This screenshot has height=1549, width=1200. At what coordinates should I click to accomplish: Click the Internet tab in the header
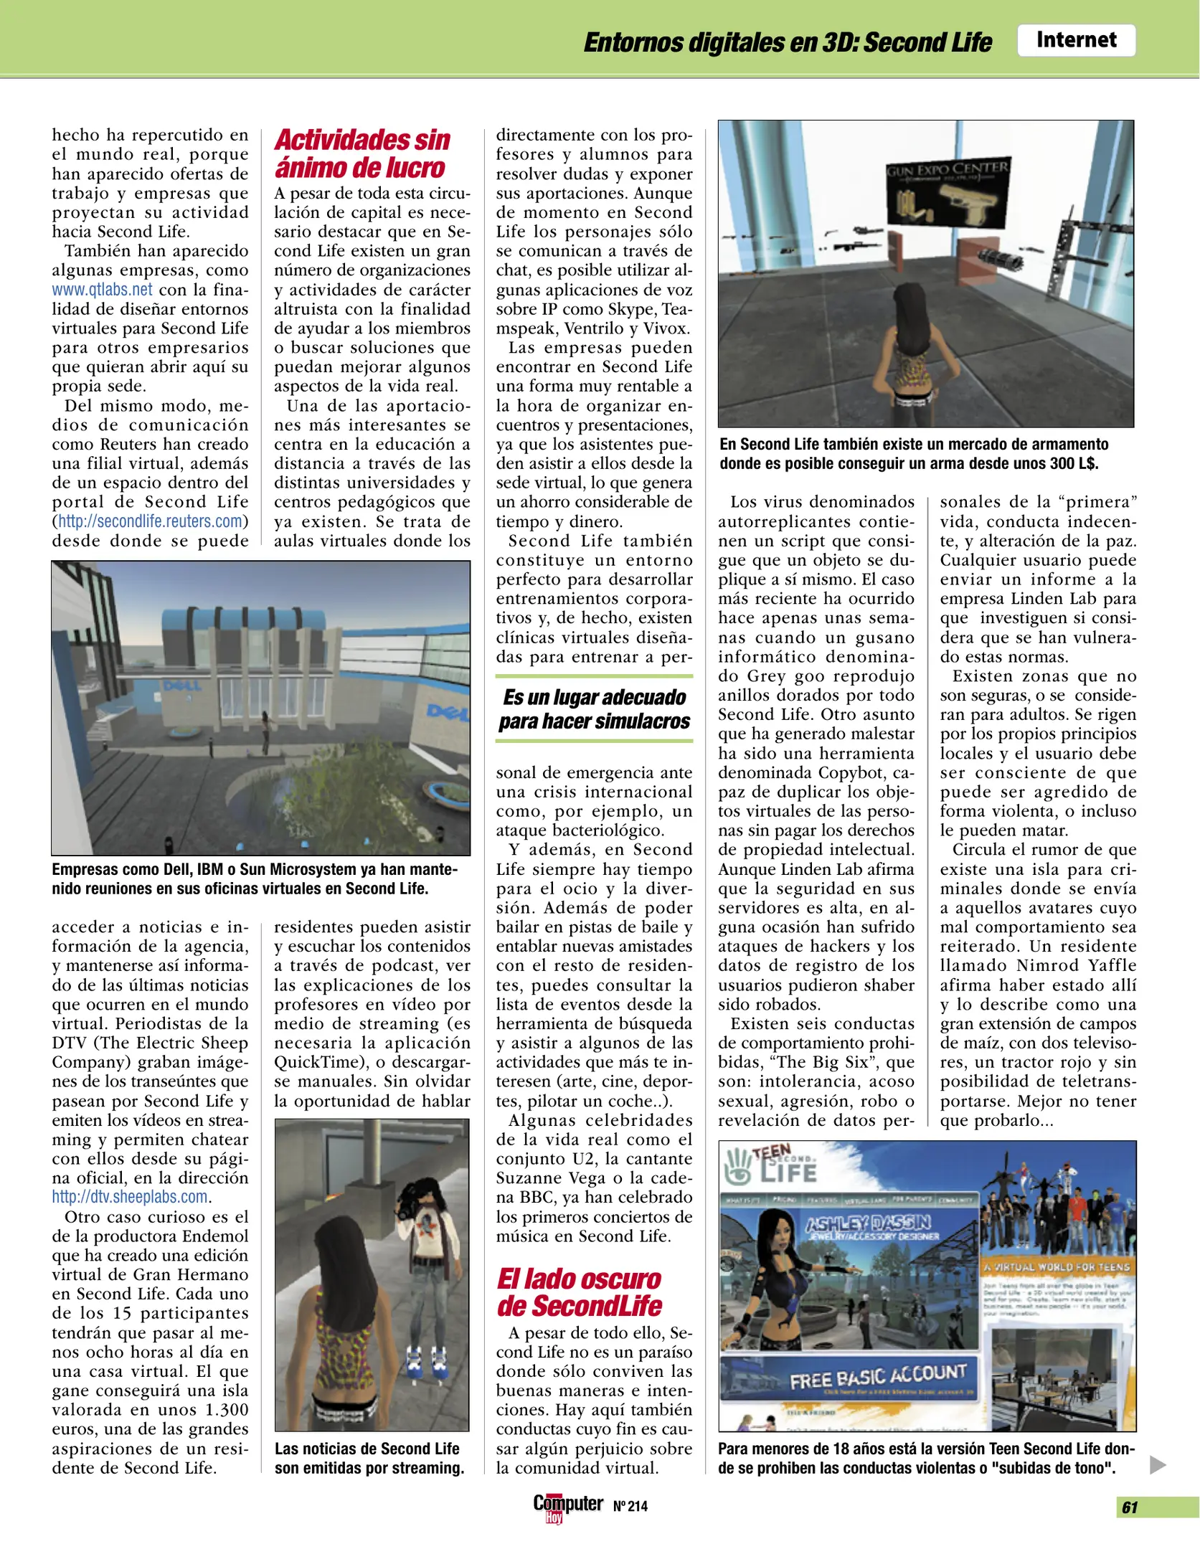(1075, 40)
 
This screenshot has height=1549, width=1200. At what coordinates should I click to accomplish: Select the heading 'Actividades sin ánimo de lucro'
(362, 153)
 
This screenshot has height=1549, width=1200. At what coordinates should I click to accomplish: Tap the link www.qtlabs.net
(102, 290)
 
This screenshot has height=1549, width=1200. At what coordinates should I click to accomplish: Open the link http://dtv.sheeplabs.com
(130, 1197)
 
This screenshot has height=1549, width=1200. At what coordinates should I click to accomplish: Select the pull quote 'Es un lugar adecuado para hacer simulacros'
(594, 709)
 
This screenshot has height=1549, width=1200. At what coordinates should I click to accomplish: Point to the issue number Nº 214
(630, 1507)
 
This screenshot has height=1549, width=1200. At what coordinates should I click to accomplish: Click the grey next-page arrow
(1157, 1464)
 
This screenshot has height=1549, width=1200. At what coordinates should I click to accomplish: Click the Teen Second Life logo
(770, 1167)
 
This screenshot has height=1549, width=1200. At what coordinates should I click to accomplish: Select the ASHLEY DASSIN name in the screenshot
(868, 1224)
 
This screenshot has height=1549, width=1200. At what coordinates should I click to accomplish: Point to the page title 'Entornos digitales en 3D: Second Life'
(787, 42)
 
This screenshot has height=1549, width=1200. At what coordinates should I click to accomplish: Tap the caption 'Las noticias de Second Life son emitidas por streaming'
(369, 1459)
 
